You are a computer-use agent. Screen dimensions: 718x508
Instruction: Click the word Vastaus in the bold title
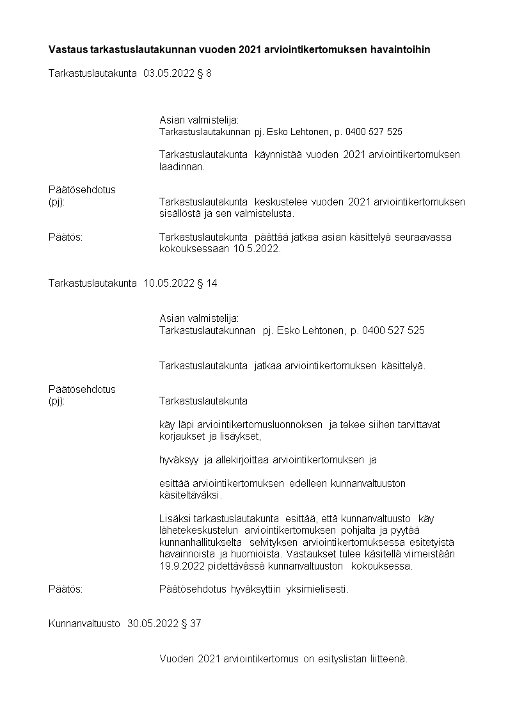tap(68, 49)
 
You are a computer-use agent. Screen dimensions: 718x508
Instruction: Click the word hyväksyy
tap(179, 459)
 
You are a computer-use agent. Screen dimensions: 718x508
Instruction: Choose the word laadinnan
tap(182, 167)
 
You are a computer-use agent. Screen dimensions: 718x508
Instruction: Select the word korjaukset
tap(180, 437)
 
